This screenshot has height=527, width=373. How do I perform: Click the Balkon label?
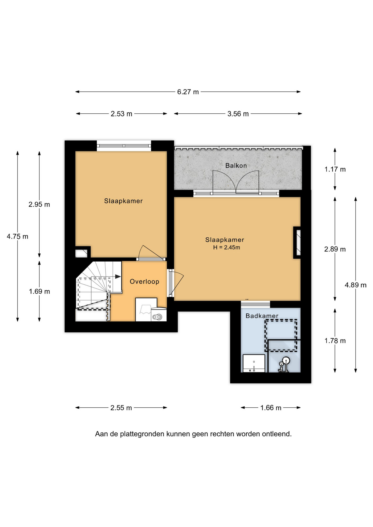point(236,166)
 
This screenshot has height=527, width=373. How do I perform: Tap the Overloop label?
point(144,282)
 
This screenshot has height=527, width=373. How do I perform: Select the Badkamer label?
point(262,316)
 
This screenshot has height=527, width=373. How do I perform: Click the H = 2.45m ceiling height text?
point(227,247)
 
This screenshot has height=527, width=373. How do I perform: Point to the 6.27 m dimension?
point(188,92)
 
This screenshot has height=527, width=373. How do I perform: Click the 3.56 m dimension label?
point(238,114)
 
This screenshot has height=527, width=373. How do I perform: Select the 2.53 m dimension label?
point(121,114)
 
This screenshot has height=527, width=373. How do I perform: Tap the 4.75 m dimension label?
point(18,236)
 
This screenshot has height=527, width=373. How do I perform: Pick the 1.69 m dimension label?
point(40,291)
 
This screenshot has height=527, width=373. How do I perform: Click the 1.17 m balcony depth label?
point(335,169)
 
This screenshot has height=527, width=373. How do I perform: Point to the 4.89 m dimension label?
point(356,285)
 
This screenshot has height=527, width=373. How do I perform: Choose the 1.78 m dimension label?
point(335,341)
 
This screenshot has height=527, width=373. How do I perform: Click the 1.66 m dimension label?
point(271,408)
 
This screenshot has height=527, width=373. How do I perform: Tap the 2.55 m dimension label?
point(121,408)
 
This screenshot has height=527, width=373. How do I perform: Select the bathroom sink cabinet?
point(254,363)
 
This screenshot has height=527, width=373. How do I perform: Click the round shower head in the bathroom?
point(286,360)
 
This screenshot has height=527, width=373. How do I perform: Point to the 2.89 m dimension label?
point(335,249)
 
